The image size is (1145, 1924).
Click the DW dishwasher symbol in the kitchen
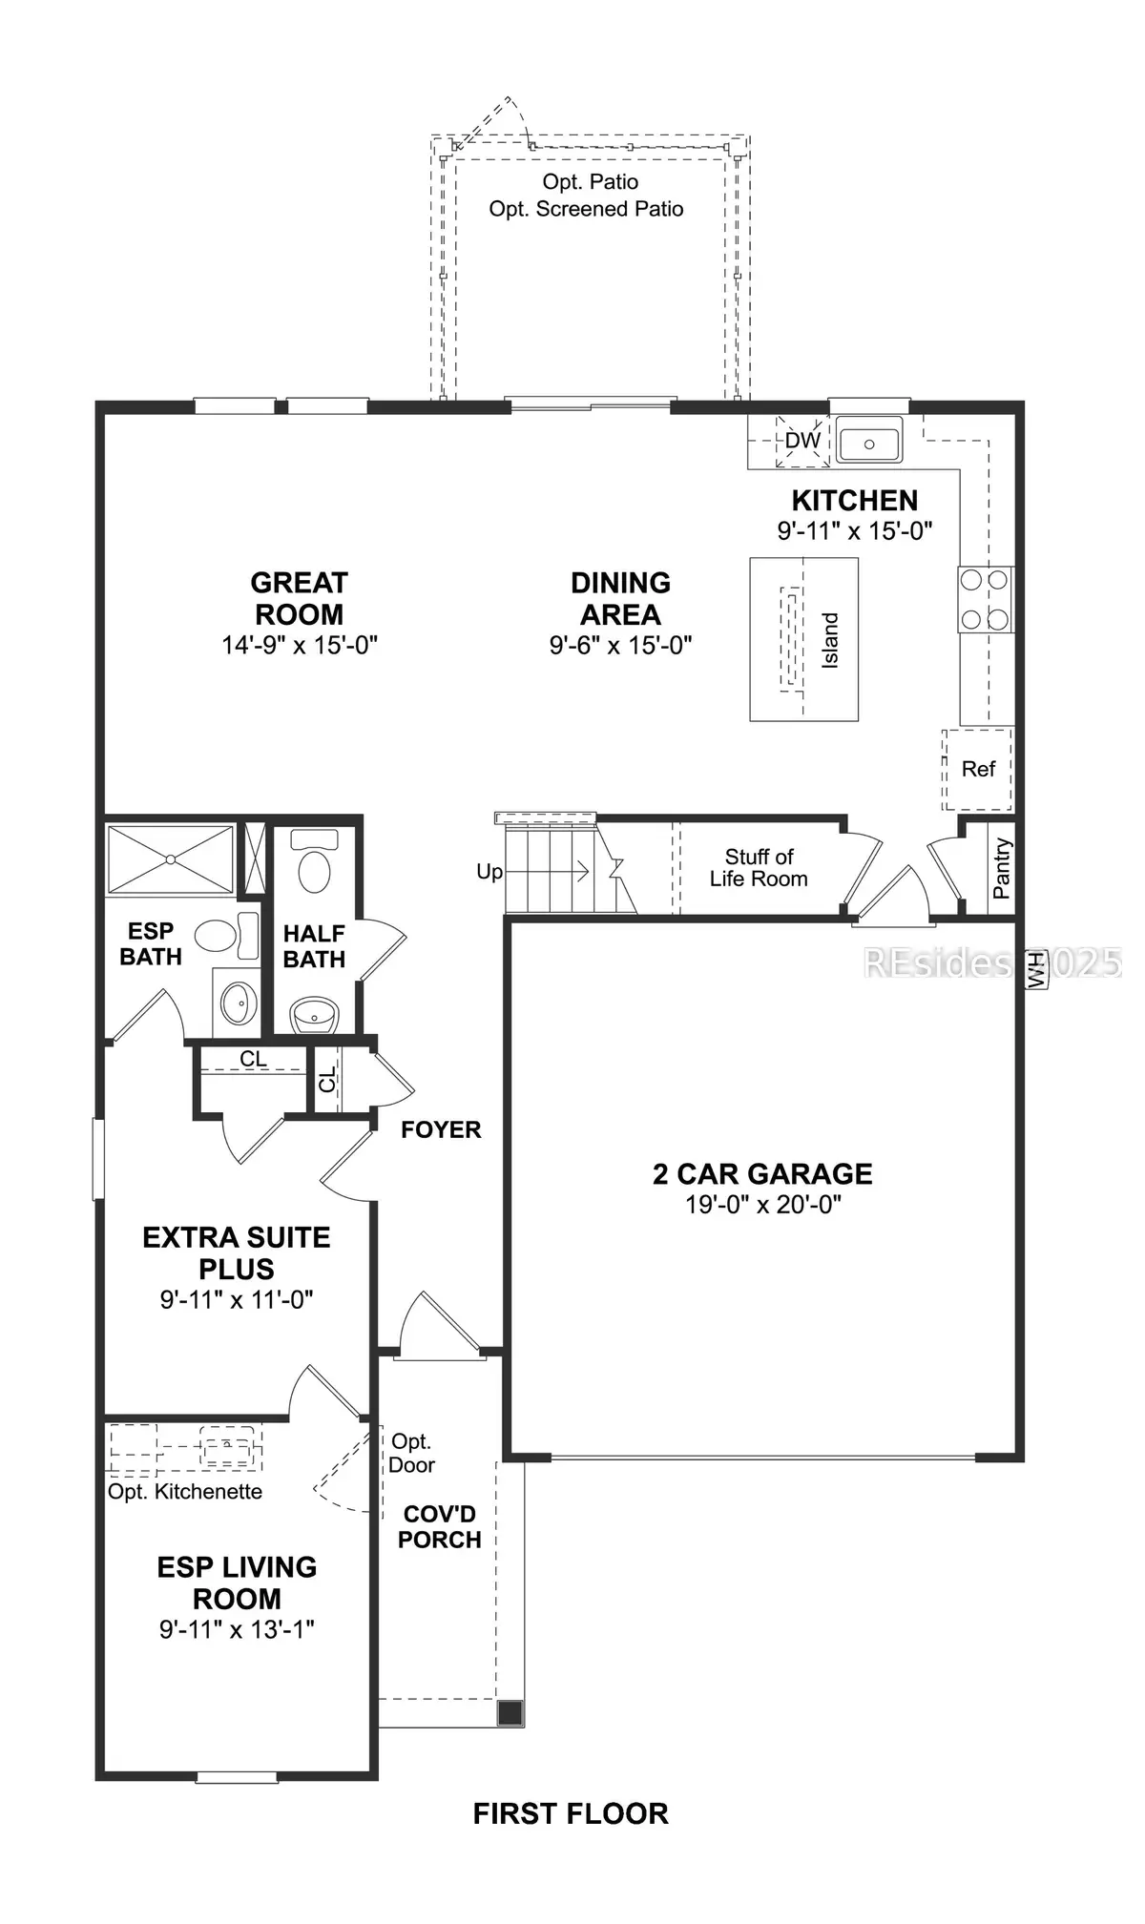point(802,441)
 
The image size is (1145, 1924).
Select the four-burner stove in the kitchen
point(986,599)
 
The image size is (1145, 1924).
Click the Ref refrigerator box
point(978,769)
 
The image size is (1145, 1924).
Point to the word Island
point(830,640)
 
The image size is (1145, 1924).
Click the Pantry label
point(1001,868)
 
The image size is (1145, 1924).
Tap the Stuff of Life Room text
point(759,867)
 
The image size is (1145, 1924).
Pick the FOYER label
point(441,1129)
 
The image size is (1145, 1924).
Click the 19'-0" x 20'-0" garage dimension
point(763,1204)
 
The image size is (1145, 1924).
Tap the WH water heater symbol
point(1032,971)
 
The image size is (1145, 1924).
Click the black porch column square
point(510,1713)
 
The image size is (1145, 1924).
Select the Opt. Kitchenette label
point(185,1492)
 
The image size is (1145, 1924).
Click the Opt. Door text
point(411,1453)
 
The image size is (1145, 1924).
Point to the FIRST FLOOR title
point(571,1813)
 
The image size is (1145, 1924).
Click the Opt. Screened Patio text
point(586,209)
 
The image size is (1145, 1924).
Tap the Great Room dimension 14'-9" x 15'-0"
point(300,645)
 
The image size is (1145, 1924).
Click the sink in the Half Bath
point(315,1015)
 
